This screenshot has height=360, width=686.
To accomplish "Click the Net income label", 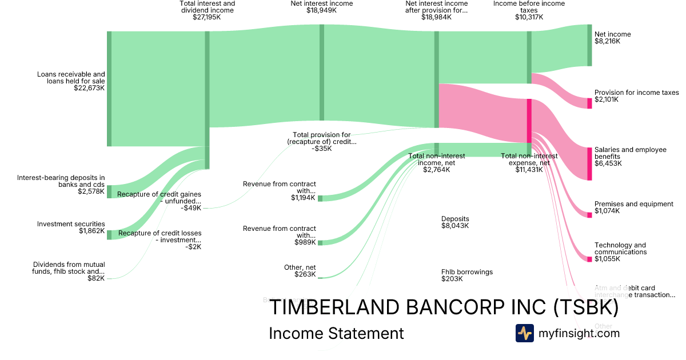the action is coord(612,34).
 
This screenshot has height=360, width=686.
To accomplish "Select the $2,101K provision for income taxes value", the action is coord(607,99).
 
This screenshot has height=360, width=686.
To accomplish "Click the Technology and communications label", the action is coord(620,249).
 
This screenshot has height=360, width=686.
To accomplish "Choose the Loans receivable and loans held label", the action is coord(71,78).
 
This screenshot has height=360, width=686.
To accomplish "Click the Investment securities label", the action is coord(71,224).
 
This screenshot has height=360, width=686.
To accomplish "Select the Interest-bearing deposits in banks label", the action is coord(61,181).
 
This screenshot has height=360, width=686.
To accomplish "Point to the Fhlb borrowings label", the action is coord(466,272).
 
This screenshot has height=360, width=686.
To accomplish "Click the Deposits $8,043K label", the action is coord(455,222).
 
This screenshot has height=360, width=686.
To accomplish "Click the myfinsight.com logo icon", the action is coord(524,333).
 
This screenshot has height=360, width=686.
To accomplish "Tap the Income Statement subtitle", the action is coord(336,333).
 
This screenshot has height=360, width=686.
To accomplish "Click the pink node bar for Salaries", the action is coord(589,163).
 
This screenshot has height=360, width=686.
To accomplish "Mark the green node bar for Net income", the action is coord(589,45).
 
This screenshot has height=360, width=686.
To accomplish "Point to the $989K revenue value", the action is coord(305,242).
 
